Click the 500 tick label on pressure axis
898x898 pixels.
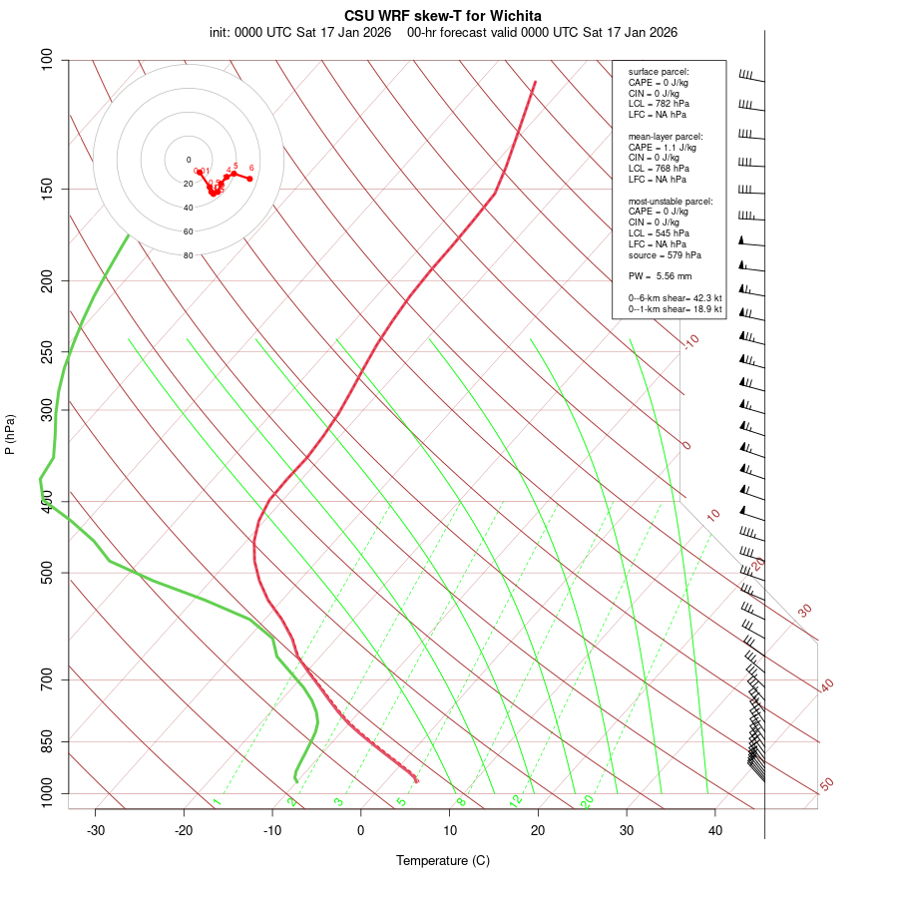click(46, 573)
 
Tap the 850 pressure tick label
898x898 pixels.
click(46, 741)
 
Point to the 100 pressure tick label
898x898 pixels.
click(46, 60)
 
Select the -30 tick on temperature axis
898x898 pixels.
click(96, 830)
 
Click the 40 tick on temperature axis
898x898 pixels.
click(715, 830)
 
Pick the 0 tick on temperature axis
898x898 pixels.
click(361, 830)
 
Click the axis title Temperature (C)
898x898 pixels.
click(443, 860)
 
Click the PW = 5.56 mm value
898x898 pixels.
click(660, 275)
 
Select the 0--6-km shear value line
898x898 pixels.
click(674, 298)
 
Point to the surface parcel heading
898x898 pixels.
click(659, 72)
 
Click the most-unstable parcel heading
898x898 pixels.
click(671, 202)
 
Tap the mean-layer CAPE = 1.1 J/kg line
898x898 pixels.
click(663, 147)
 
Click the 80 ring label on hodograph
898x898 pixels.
click(188, 255)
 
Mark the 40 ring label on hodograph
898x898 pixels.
click(188, 208)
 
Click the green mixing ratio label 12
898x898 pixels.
click(515, 800)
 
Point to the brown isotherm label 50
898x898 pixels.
click(826, 784)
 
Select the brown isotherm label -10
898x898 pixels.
click(689, 341)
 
